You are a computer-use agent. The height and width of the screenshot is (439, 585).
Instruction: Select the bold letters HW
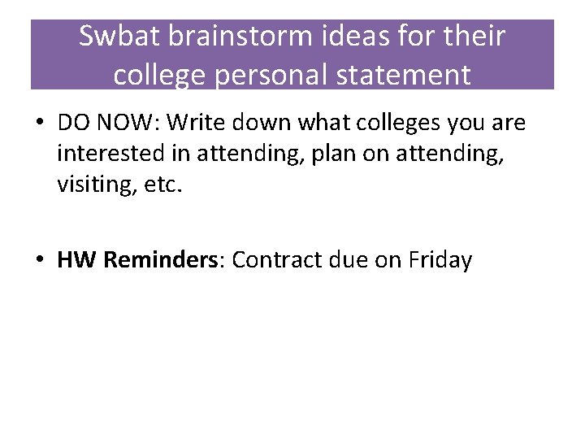point(75,260)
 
